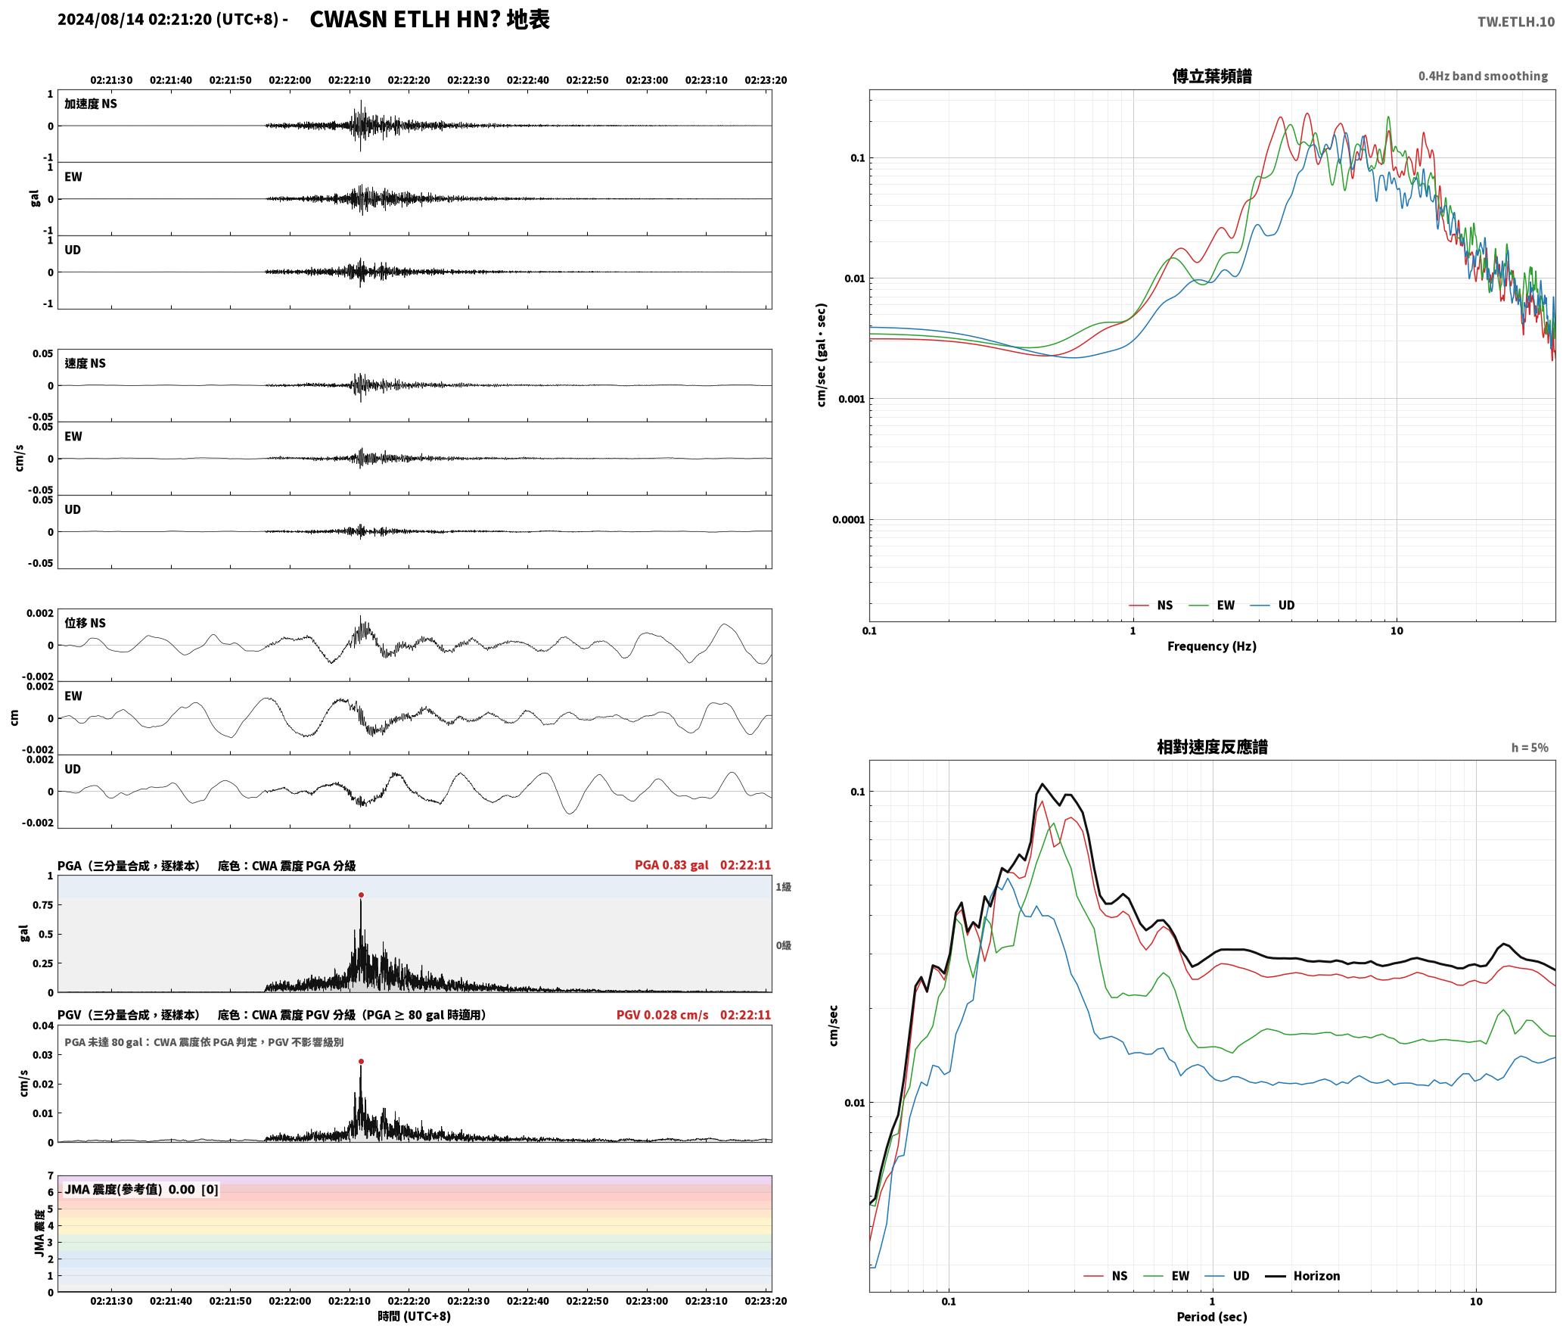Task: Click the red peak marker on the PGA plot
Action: coord(361,895)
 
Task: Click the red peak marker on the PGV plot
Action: coord(361,1061)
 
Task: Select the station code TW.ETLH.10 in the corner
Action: coord(1516,21)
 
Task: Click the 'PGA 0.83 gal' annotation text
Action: coord(672,865)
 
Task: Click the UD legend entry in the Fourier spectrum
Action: coord(1272,605)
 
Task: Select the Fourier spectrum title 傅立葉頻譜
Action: coord(1212,76)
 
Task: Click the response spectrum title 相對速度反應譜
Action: coord(1212,746)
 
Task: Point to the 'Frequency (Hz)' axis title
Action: coord(1212,646)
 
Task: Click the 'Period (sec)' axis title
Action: coord(1212,1316)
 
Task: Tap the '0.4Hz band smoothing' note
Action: coord(1483,76)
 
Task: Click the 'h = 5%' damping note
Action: coord(1530,747)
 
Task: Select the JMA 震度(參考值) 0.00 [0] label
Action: coord(141,1189)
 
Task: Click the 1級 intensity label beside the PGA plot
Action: coord(783,886)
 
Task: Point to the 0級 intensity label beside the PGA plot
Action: coord(783,945)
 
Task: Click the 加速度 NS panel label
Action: coord(91,104)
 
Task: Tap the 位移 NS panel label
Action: coord(85,623)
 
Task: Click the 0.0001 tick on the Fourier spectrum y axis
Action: coord(848,519)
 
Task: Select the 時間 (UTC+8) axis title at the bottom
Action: coord(414,1316)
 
